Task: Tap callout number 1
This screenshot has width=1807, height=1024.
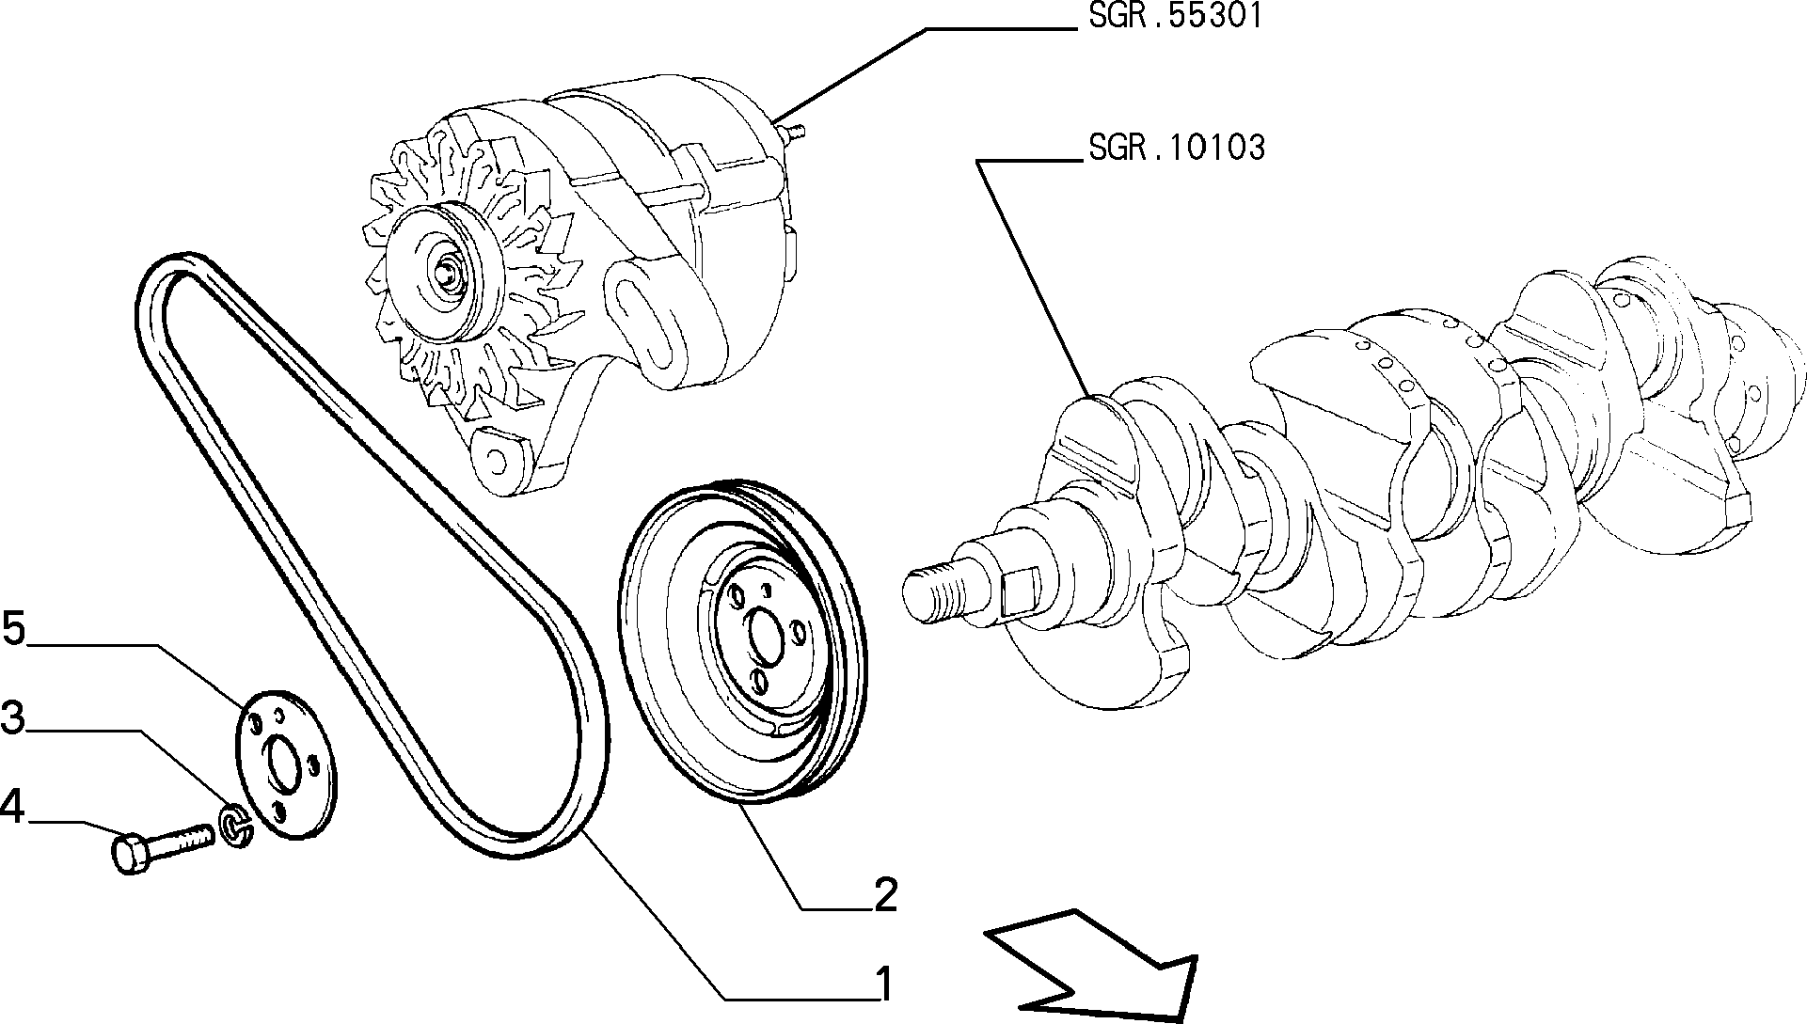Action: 882,984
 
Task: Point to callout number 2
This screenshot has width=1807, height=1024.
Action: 884,895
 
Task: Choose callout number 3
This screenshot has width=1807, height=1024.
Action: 12,717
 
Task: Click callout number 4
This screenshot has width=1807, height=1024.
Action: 12,806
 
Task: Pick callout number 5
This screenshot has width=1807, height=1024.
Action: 13,628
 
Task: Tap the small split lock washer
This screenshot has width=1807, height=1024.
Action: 236,824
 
